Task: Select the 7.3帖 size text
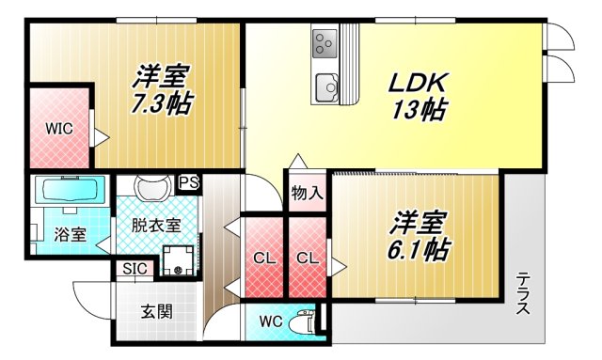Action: click(161, 102)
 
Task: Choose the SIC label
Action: click(134, 270)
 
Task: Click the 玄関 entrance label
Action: click(157, 312)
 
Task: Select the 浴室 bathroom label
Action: click(71, 235)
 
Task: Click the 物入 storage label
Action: click(307, 195)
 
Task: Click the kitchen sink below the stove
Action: click(326, 85)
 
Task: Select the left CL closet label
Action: click(263, 258)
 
